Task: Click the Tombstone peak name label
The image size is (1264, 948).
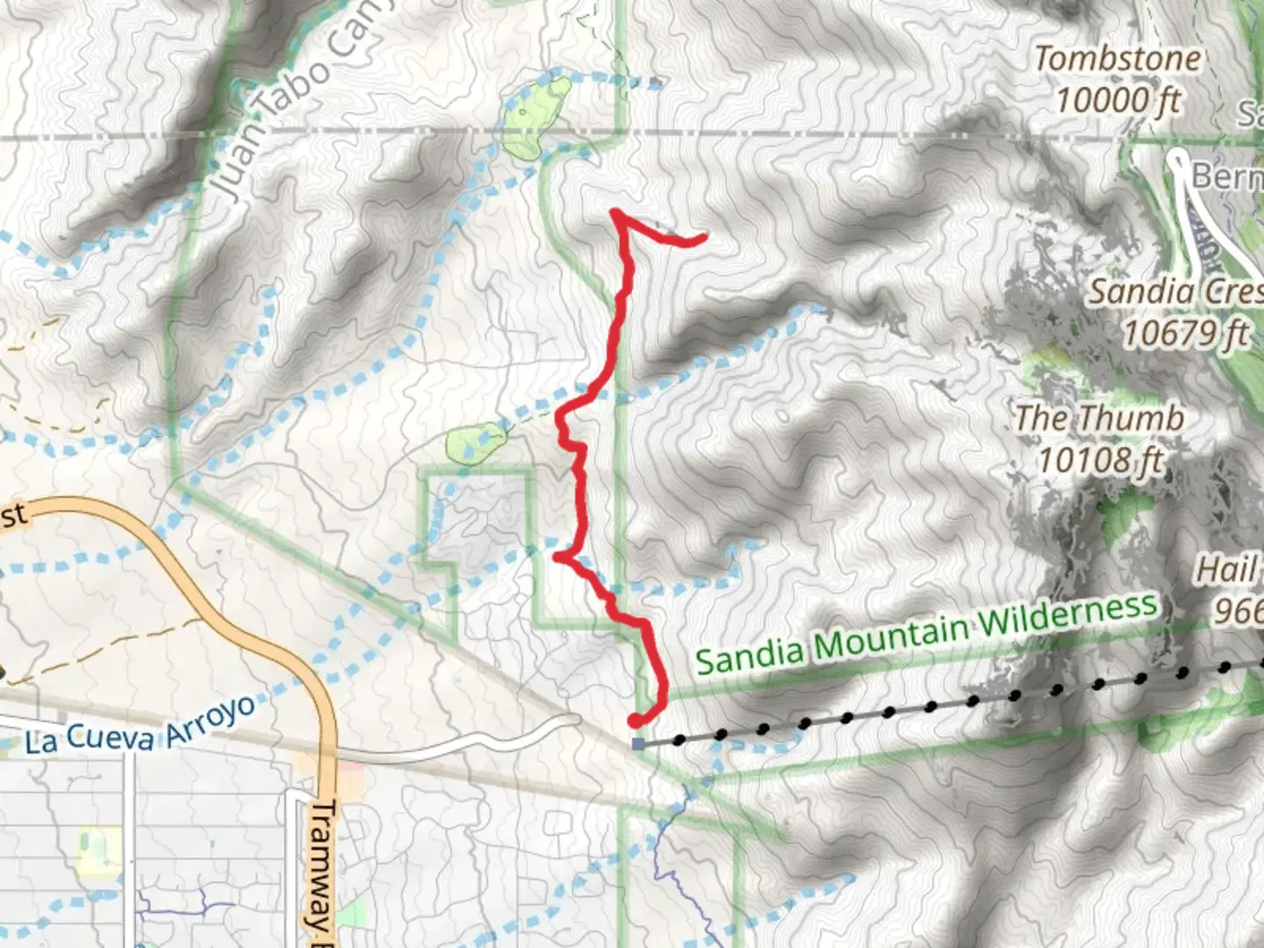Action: click(x=1117, y=60)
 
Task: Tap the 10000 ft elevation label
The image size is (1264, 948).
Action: click(x=1117, y=100)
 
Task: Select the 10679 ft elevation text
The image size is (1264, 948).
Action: click(x=1185, y=333)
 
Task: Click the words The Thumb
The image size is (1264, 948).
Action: click(x=1099, y=418)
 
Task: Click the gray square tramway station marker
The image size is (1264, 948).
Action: click(x=637, y=743)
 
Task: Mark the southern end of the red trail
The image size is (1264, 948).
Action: click(x=634, y=722)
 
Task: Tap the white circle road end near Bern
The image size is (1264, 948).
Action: click(x=1177, y=159)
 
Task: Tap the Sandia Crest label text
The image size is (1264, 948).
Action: click(x=1176, y=291)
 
